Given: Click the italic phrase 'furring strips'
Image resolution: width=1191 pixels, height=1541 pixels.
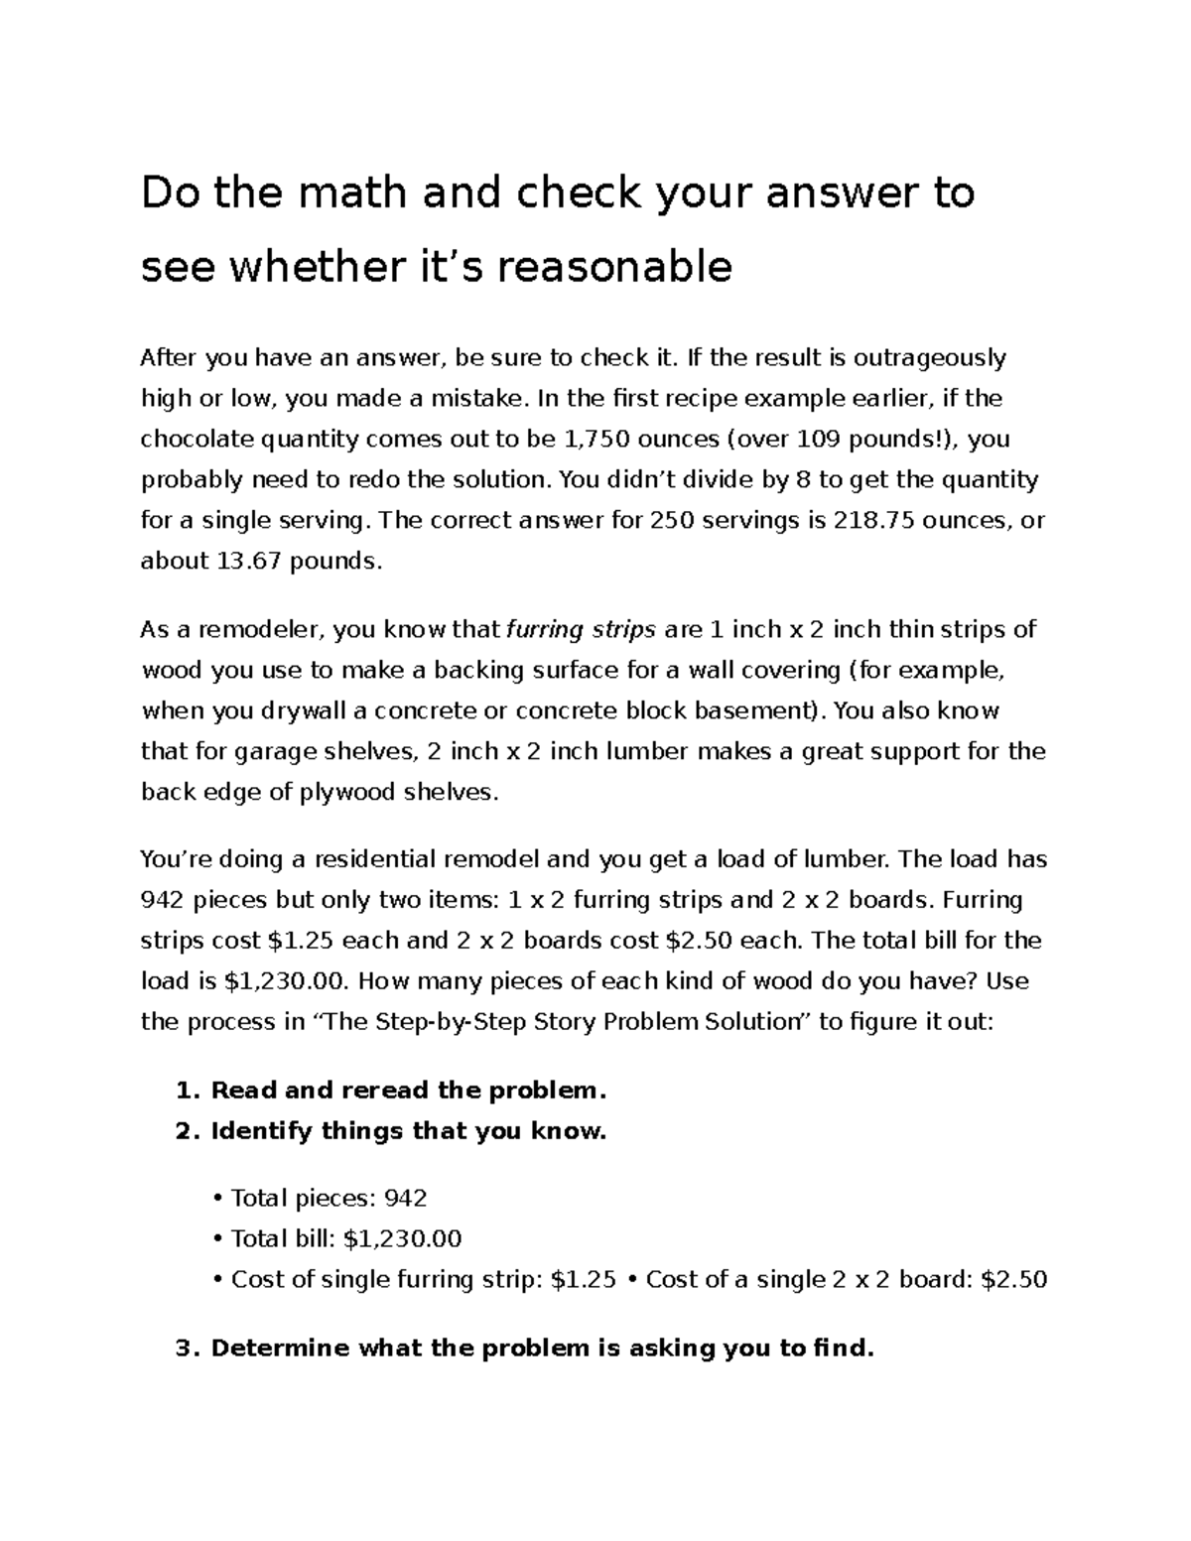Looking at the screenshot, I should click(582, 629).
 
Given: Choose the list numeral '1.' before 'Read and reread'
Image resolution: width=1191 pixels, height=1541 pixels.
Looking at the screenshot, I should click(188, 1091).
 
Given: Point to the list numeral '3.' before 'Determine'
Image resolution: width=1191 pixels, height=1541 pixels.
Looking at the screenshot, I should click(188, 1348).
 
